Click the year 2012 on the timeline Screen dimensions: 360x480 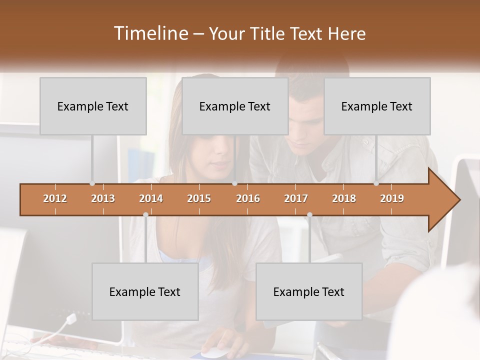pyautogui.click(x=55, y=198)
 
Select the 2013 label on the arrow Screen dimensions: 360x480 pyautogui.click(x=103, y=198)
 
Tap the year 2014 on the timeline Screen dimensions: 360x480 pyautogui.click(x=151, y=198)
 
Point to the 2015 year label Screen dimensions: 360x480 pyautogui.click(x=199, y=198)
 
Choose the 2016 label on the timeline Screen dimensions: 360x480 pyautogui.click(x=248, y=198)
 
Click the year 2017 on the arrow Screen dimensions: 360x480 pyautogui.click(x=296, y=198)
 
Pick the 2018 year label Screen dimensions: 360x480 pyautogui.click(x=344, y=198)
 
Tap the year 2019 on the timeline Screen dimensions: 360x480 pyautogui.click(x=392, y=198)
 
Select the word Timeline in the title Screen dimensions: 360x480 pyautogui.click(x=150, y=33)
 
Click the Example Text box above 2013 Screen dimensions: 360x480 pyautogui.click(x=93, y=106)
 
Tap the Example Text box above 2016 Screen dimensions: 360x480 pyautogui.click(x=235, y=106)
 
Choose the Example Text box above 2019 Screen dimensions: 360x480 pyautogui.click(x=377, y=106)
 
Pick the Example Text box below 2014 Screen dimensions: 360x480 pyautogui.click(x=145, y=291)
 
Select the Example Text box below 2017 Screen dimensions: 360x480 pyautogui.click(x=309, y=291)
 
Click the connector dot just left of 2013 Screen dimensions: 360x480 pyautogui.click(x=92, y=183)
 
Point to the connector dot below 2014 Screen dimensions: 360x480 pyautogui.click(x=145, y=214)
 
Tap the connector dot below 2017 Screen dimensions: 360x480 pyautogui.click(x=309, y=214)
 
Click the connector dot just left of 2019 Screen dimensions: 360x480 pyautogui.click(x=376, y=183)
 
